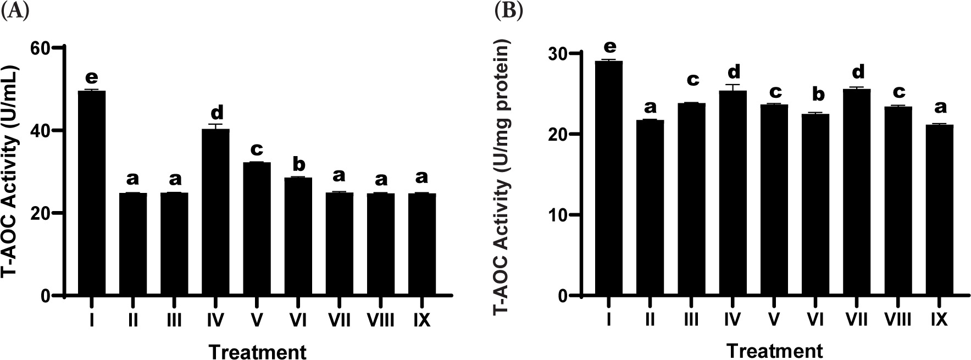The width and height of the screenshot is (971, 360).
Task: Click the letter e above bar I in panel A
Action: point(92,77)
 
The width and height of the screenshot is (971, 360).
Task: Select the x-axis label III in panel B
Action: point(691,319)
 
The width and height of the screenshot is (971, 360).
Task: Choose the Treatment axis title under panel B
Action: point(774,350)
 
